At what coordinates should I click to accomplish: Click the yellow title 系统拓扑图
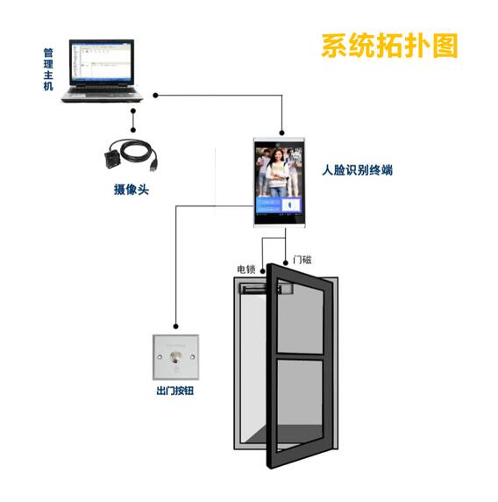tap(389, 46)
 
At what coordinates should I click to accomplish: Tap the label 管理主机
tap(48, 69)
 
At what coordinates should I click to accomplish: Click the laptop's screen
tap(102, 61)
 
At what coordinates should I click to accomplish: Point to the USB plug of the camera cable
tap(154, 165)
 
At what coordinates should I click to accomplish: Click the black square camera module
tap(113, 158)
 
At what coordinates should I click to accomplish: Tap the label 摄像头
tap(132, 190)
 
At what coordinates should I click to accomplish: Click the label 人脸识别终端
tap(357, 169)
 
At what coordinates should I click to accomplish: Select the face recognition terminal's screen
tap(279, 181)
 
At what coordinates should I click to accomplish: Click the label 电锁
tap(246, 269)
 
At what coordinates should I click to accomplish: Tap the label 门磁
tap(302, 260)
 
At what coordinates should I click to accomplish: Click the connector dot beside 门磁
tap(286, 263)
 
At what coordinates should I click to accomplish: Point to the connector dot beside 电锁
tap(263, 271)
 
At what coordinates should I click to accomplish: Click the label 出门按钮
tap(175, 391)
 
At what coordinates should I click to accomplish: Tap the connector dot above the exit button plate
tap(175, 326)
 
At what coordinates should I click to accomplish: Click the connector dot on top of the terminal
tap(281, 133)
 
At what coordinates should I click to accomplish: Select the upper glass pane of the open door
tap(300, 317)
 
